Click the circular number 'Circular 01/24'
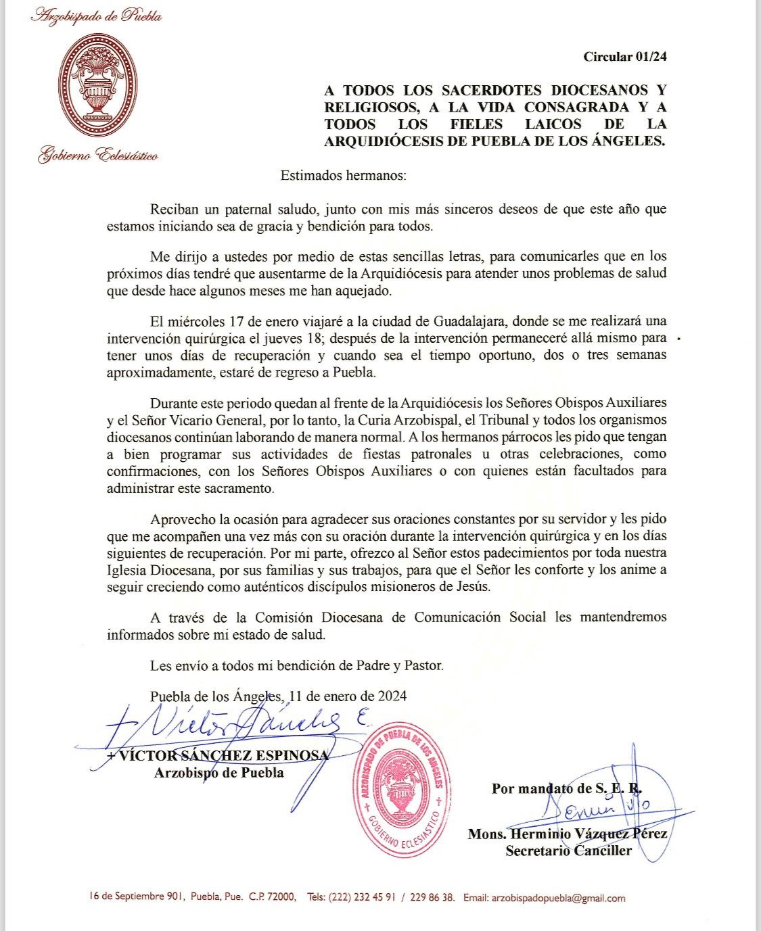624,57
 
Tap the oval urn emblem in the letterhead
97,85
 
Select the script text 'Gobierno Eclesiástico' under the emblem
98,156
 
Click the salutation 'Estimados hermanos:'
344,176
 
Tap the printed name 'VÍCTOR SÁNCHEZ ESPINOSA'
218,756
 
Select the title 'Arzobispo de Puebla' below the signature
219,773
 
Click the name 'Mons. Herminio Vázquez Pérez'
567,834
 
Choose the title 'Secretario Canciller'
568,851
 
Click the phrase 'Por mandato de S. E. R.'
567,788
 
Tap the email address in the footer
558,899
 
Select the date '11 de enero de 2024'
348,696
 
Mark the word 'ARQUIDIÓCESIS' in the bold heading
380,141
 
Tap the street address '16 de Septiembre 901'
137,897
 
